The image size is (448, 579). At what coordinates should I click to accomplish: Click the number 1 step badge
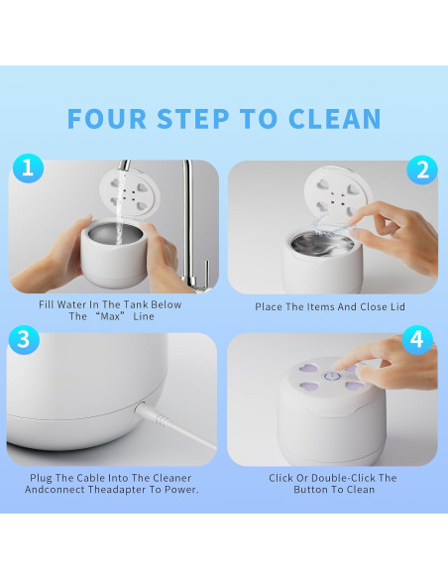tap(28, 169)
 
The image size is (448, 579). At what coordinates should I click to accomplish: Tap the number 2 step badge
tap(422, 170)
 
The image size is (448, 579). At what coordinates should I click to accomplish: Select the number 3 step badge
tap(24, 340)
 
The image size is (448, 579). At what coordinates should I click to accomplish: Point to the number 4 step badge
tap(417, 340)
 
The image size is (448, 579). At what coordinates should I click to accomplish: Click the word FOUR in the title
tap(107, 119)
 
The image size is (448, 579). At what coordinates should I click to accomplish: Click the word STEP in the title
tap(193, 119)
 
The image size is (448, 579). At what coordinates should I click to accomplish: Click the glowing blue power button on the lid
tap(331, 377)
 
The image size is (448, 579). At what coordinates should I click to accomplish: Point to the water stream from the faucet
tap(121, 207)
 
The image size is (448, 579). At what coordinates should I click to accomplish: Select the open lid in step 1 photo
tap(130, 193)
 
